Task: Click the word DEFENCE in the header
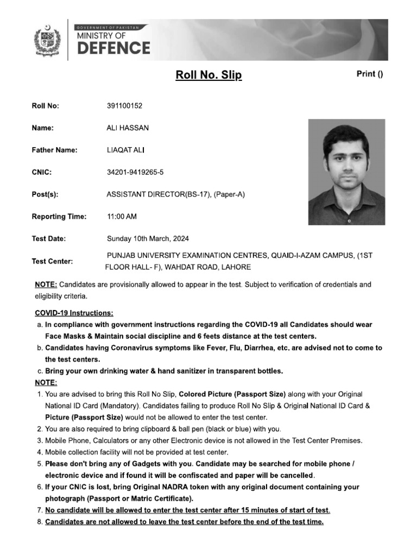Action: point(113,48)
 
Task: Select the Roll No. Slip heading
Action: point(208,75)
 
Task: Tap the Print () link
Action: point(369,74)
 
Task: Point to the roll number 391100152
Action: point(125,106)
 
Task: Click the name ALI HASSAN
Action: point(128,128)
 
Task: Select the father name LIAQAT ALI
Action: point(126,150)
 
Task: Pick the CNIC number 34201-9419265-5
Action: point(135,172)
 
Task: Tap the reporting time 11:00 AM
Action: point(122,217)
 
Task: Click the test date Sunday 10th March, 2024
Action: point(148,239)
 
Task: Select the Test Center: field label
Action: point(52,261)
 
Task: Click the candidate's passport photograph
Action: point(346,172)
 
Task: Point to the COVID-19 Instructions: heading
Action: point(74,313)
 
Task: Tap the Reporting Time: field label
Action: point(59,217)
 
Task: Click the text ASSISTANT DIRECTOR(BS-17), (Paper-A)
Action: point(176,194)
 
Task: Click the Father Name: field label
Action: point(54,150)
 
